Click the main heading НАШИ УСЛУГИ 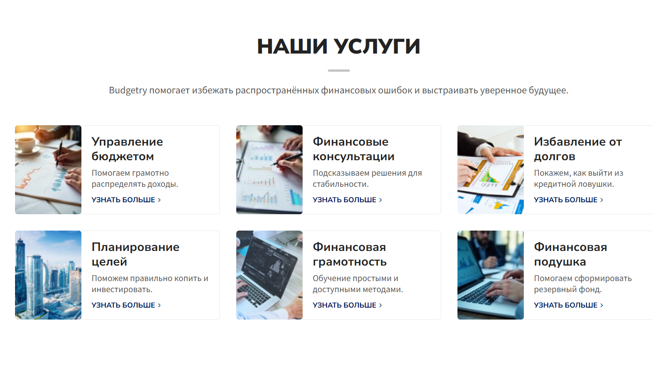338,46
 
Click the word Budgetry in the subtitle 128,90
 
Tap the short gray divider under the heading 338,70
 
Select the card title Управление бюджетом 127,149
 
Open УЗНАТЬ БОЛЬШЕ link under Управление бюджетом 126,200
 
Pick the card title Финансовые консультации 353,149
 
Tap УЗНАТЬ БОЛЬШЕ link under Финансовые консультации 347,200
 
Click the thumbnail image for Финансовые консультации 269,170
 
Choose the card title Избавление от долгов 577,149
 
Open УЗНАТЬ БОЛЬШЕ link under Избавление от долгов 568,200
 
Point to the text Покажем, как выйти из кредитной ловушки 578,178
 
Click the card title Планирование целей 135,254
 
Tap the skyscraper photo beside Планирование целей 48,275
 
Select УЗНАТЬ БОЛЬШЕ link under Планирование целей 126,305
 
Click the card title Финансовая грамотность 350,254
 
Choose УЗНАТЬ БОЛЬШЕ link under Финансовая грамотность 347,305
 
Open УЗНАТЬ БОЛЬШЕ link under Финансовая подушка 568,305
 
